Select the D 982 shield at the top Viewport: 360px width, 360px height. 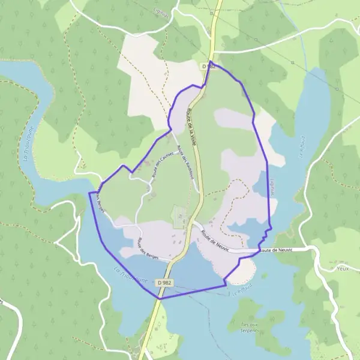(x=207, y=66)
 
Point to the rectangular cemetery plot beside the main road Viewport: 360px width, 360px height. (x=179, y=217)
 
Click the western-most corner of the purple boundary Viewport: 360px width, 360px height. (x=89, y=193)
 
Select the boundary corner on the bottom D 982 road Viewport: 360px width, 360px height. (x=160, y=298)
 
